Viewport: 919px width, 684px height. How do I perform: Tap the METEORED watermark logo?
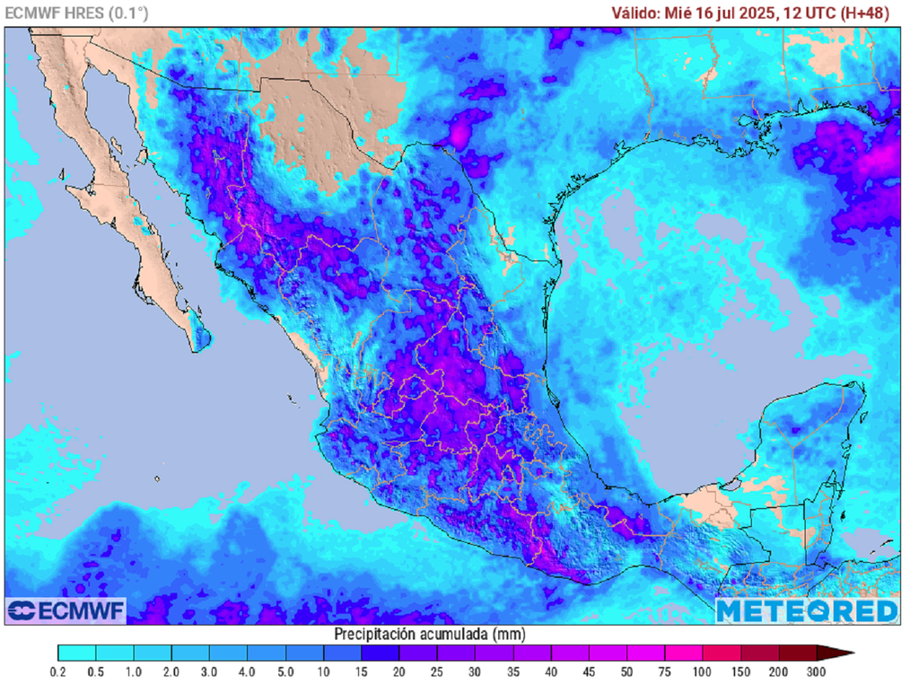(806, 610)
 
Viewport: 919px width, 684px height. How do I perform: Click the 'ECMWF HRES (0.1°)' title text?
(76, 13)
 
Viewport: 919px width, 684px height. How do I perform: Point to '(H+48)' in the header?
(865, 13)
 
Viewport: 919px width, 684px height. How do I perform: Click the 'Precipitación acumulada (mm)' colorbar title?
(430, 634)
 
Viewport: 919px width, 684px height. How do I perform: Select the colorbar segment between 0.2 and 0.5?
(77, 653)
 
